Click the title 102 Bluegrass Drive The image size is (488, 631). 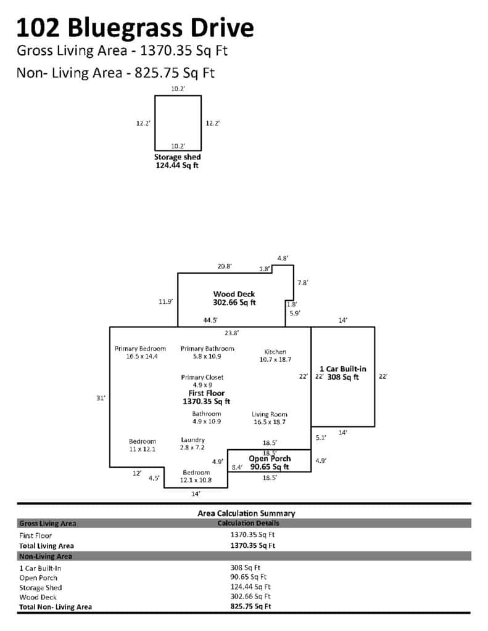pyautogui.click(x=135, y=28)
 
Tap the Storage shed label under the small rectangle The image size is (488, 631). pyautogui.click(x=177, y=157)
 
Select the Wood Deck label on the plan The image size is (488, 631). pyautogui.click(x=234, y=294)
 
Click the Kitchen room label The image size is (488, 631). pyautogui.click(x=275, y=352)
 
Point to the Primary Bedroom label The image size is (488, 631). pyautogui.click(x=140, y=349)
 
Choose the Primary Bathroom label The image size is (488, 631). pyautogui.click(x=207, y=349)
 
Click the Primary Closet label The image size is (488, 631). pyautogui.click(x=202, y=377)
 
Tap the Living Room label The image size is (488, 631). pyautogui.click(x=270, y=414)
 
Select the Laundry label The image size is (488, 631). pyautogui.click(x=192, y=439)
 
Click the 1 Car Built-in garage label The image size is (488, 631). pyautogui.click(x=343, y=368)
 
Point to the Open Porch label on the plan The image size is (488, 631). pyautogui.click(x=270, y=459)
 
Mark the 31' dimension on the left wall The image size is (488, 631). pyautogui.click(x=101, y=398)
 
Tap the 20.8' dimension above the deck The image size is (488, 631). pyautogui.click(x=225, y=266)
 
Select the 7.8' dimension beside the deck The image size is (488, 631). pyautogui.click(x=302, y=282)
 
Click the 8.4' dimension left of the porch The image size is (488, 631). pyautogui.click(x=236, y=468)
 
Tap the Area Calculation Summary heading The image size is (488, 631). pyautogui.click(x=246, y=513)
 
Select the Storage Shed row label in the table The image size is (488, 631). pyautogui.click(x=41, y=587)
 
